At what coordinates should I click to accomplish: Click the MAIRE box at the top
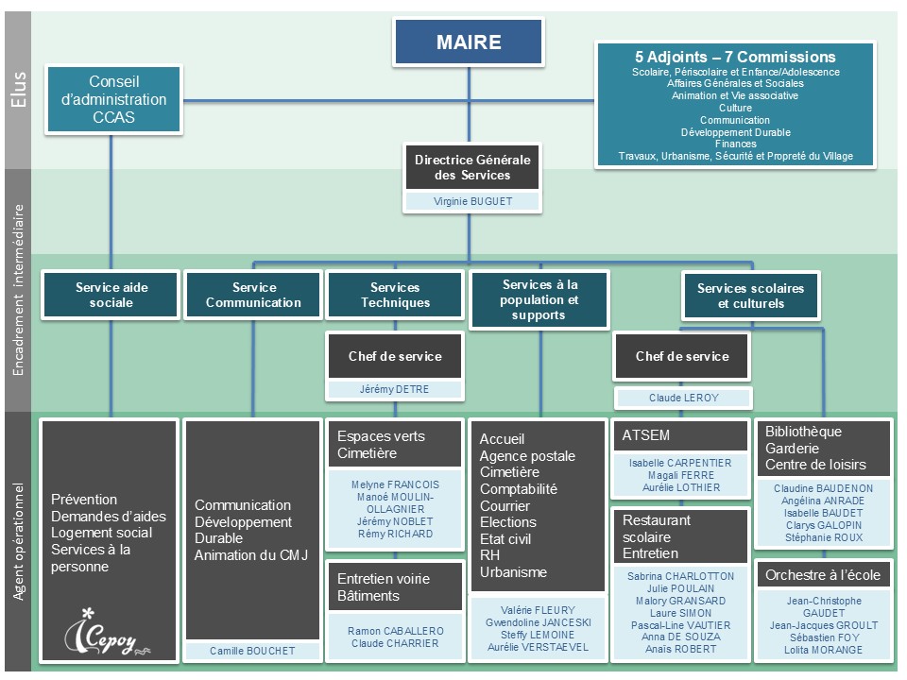[x=469, y=42]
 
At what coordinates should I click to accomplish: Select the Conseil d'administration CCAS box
[x=114, y=100]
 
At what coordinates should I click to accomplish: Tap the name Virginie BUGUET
[x=472, y=201]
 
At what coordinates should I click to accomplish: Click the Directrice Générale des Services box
[x=472, y=167]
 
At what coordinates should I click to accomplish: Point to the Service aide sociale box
[x=111, y=295]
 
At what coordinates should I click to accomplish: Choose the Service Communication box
[x=253, y=295]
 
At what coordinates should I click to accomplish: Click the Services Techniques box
[x=395, y=295]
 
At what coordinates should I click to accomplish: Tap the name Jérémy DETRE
[x=395, y=389]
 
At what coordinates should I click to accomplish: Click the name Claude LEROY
[x=683, y=398]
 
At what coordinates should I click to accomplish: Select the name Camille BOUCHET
[x=252, y=651]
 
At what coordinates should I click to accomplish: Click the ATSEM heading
[x=644, y=435]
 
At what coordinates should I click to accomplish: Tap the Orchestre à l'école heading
[x=822, y=575]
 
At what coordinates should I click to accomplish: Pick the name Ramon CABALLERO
[x=395, y=631]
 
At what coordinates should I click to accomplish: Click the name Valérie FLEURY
[x=538, y=610]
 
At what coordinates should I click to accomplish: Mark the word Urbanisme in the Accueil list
[x=513, y=572]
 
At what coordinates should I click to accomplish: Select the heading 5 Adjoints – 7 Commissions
[x=735, y=57]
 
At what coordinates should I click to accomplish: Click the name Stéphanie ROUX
[x=823, y=537]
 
